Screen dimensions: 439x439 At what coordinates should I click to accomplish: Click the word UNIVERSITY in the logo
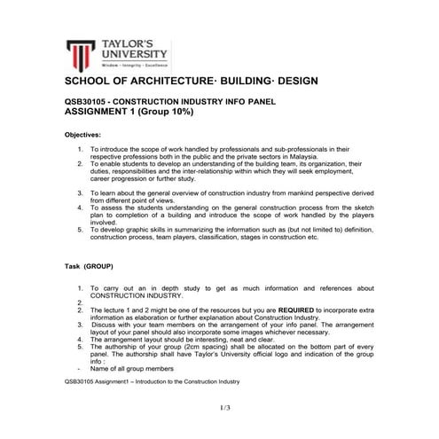[129, 53]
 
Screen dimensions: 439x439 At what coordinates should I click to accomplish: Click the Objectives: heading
[89, 135]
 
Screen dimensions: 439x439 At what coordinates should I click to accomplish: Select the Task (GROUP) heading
[94, 265]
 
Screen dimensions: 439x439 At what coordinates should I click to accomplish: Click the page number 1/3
[223, 407]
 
